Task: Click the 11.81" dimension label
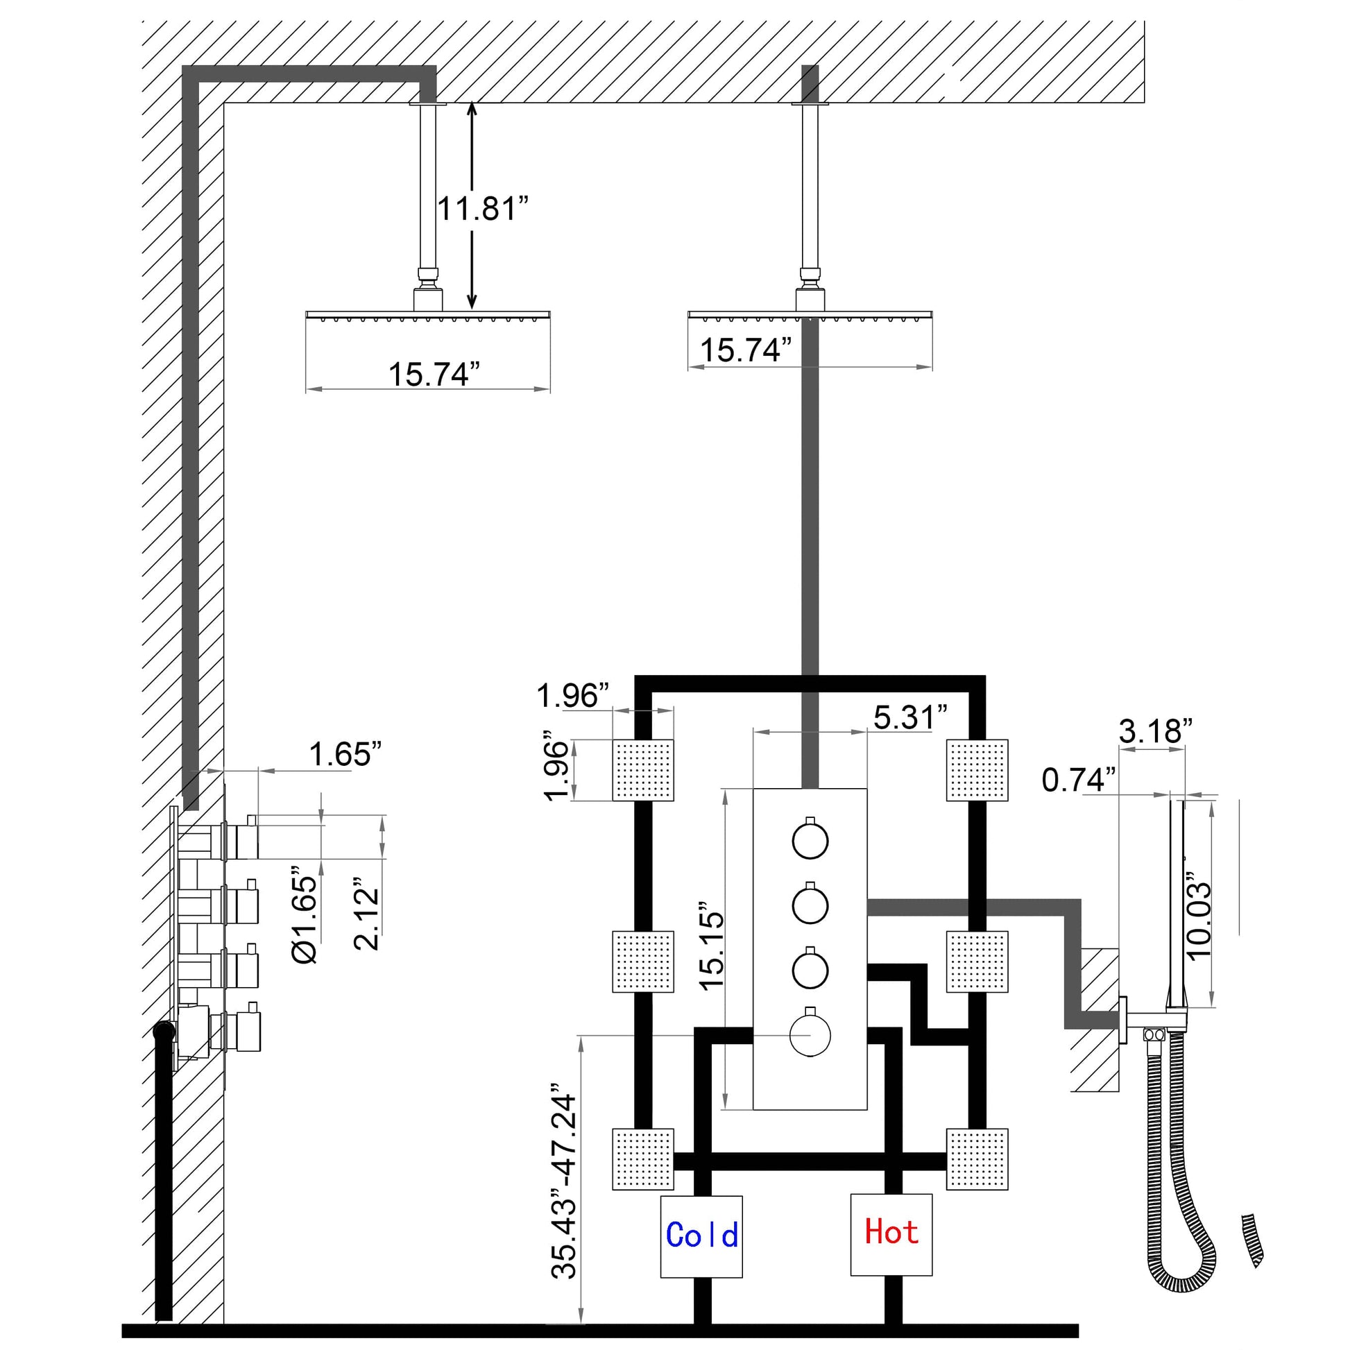483,208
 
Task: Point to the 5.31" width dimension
909,717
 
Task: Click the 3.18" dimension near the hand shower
1155,731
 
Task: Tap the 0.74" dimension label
1079,780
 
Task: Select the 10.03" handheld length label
1198,916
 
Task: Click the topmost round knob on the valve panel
810,841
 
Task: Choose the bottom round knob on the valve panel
810,1034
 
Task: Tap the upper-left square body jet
643,770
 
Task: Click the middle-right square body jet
977,962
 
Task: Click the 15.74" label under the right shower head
746,350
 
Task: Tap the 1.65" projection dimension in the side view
345,754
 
